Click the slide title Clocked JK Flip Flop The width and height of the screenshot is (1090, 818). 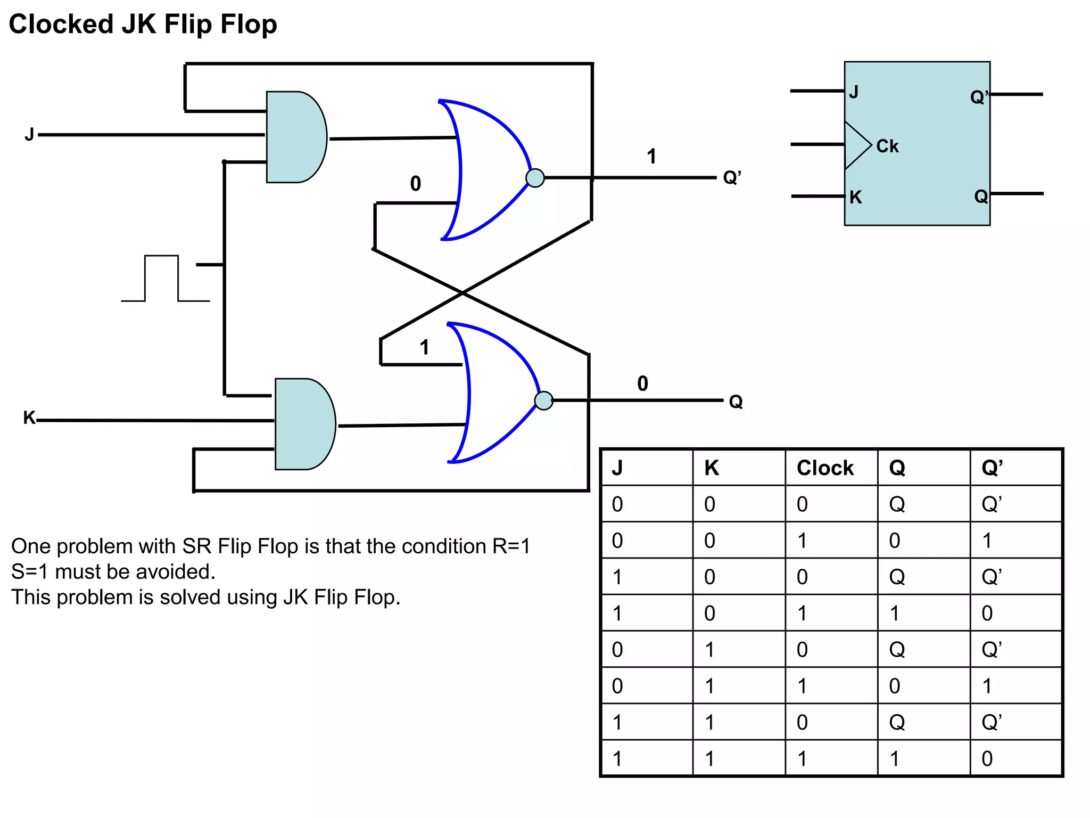tap(143, 24)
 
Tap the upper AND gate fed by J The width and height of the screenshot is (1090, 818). tap(294, 137)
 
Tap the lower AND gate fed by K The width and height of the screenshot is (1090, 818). tap(303, 424)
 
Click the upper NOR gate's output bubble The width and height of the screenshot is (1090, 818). tap(535, 177)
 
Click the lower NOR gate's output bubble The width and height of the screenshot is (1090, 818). tap(543, 400)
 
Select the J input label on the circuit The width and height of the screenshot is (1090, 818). tap(29, 135)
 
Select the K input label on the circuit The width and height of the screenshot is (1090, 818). tap(29, 418)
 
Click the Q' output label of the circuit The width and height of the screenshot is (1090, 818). tap(732, 177)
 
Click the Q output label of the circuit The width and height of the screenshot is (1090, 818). tap(736, 402)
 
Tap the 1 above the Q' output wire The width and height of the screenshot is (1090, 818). tap(651, 157)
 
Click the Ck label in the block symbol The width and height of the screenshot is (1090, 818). tap(887, 146)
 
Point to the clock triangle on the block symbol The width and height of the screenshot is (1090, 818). tap(856, 145)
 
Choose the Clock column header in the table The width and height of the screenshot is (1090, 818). tap(824, 468)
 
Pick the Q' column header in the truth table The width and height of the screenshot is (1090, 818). tap(992, 468)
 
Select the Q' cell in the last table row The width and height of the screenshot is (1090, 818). tap(987, 758)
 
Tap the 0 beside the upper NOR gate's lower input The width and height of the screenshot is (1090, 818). tap(416, 184)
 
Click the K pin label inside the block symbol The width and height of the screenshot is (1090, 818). tap(855, 198)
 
